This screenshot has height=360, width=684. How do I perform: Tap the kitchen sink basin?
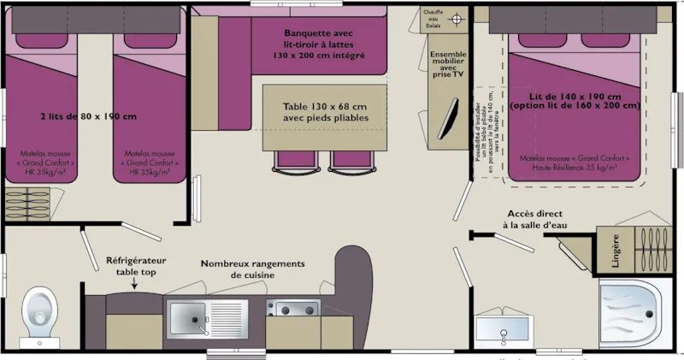pyautogui.click(x=186, y=317)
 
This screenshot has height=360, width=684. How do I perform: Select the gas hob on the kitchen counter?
pyautogui.click(x=292, y=309)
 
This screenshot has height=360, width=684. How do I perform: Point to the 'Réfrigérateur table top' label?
pyautogui.click(x=134, y=266)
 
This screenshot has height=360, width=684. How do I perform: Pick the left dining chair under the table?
pyautogui.click(x=291, y=158)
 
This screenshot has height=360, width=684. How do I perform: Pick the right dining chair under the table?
pyautogui.click(x=351, y=158)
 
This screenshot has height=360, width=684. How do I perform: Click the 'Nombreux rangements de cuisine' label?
pyautogui.click(x=252, y=270)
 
